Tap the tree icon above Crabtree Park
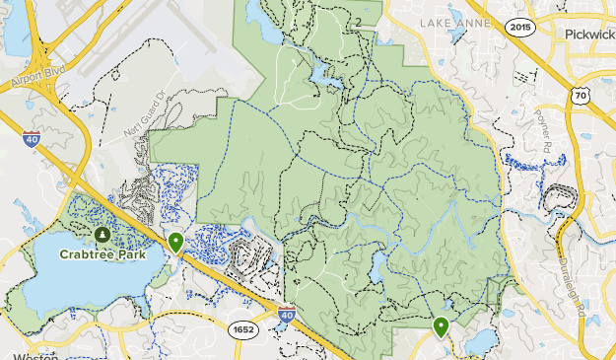click(x=103, y=235)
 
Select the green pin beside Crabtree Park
click(x=175, y=241)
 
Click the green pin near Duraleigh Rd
click(x=441, y=325)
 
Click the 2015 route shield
click(x=522, y=27)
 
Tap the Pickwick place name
click(x=589, y=33)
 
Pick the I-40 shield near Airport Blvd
click(x=32, y=139)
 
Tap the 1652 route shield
click(x=242, y=327)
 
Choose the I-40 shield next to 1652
click(x=286, y=316)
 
